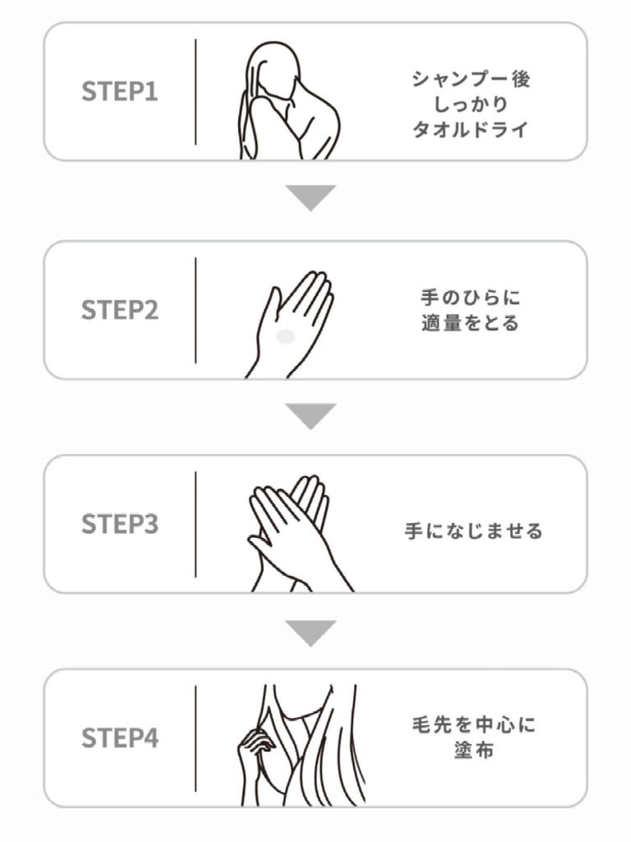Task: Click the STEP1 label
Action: pyautogui.click(x=119, y=91)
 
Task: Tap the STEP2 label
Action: pyautogui.click(x=119, y=309)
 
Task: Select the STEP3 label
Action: pyautogui.click(x=119, y=524)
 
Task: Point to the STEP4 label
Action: pyautogui.click(x=119, y=738)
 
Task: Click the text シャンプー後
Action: pyautogui.click(x=471, y=79)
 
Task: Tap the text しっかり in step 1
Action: pyautogui.click(x=471, y=104)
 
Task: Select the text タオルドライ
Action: pyautogui.click(x=471, y=129)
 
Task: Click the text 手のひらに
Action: pyautogui.click(x=471, y=298)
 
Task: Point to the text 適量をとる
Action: pyautogui.click(x=471, y=323)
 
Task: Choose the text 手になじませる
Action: pyautogui.click(x=474, y=532)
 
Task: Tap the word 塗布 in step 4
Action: pyautogui.click(x=474, y=750)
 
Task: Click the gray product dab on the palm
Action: pyautogui.click(x=286, y=337)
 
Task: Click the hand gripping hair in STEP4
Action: pyautogui.click(x=255, y=744)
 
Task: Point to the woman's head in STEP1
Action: pyautogui.click(x=274, y=69)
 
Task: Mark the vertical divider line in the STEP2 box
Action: pyautogui.click(x=196, y=310)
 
